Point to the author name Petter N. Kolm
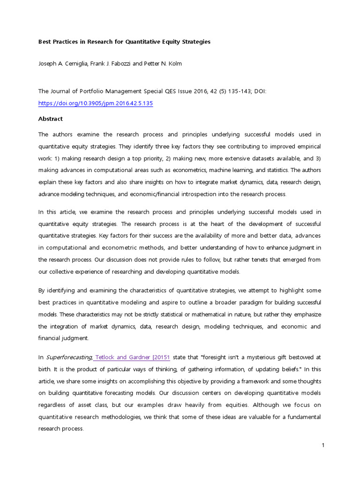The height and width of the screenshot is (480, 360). click(162, 64)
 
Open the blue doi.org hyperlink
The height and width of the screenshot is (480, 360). click(95, 104)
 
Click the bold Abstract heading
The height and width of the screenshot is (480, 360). click(50, 119)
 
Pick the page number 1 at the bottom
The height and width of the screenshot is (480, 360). click(323, 445)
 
